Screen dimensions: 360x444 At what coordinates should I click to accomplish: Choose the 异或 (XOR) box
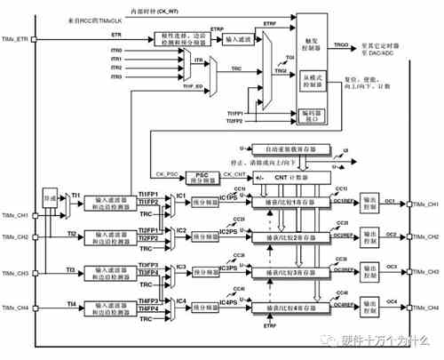click(50, 204)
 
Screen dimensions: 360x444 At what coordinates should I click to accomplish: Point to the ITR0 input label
click(116, 51)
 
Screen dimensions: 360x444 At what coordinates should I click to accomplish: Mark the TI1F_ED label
click(194, 86)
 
